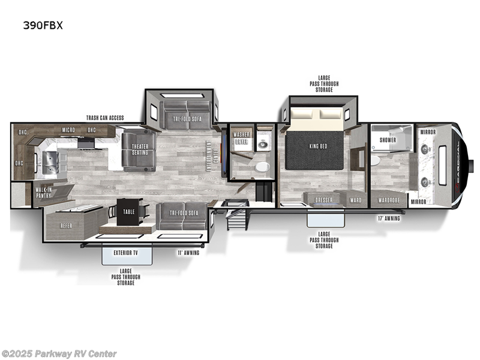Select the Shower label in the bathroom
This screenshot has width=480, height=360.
[x=388, y=140]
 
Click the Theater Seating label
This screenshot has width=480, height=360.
[x=140, y=149]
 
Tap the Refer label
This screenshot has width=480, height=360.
[x=67, y=226]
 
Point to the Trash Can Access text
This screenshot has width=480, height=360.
[x=105, y=118]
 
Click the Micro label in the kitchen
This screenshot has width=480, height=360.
[x=68, y=130]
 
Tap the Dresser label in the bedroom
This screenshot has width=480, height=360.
[x=324, y=200]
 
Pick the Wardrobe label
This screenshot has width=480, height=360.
[x=388, y=200]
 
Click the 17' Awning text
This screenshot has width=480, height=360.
[x=389, y=218]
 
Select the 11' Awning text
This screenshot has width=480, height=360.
[x=188, y=253]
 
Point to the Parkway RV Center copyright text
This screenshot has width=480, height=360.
[x=59, y=354]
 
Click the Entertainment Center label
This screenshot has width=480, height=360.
[x=209, y=156]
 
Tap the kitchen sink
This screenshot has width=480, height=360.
[x=48, y=161]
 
